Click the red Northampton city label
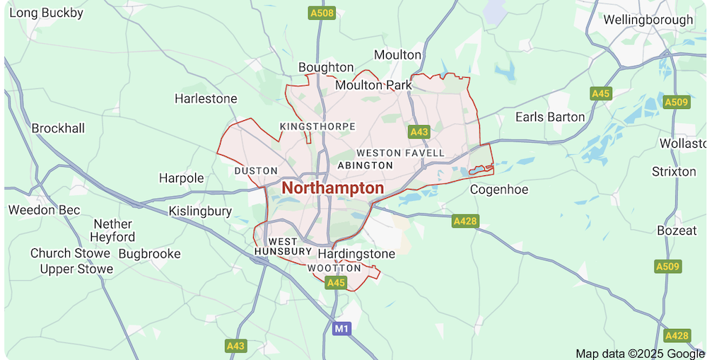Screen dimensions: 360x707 [332, 188]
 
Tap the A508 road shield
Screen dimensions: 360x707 [322, 13]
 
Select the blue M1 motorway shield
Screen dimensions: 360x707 [342, 328]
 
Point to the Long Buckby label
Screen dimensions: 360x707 [47, 13]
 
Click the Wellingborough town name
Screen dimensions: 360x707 [648, 20]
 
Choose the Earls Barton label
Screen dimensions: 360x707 [550, 117]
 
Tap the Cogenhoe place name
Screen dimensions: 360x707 [500, 190]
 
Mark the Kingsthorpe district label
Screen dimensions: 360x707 [317, 127]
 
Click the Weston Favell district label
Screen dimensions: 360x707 [401, 153]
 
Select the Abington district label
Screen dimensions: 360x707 [366, 166]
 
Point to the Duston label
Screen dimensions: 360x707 [256, 171]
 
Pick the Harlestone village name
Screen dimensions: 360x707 [206, 98]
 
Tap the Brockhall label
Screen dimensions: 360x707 [58, 128]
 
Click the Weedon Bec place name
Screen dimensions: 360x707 [45, 210]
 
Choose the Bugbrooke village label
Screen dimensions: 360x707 [149, 253]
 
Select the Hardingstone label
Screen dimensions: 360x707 [356, 253]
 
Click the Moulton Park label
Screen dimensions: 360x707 [373, 85]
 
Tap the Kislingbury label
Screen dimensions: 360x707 [200, 211]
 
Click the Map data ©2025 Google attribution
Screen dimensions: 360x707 [640, 354]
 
